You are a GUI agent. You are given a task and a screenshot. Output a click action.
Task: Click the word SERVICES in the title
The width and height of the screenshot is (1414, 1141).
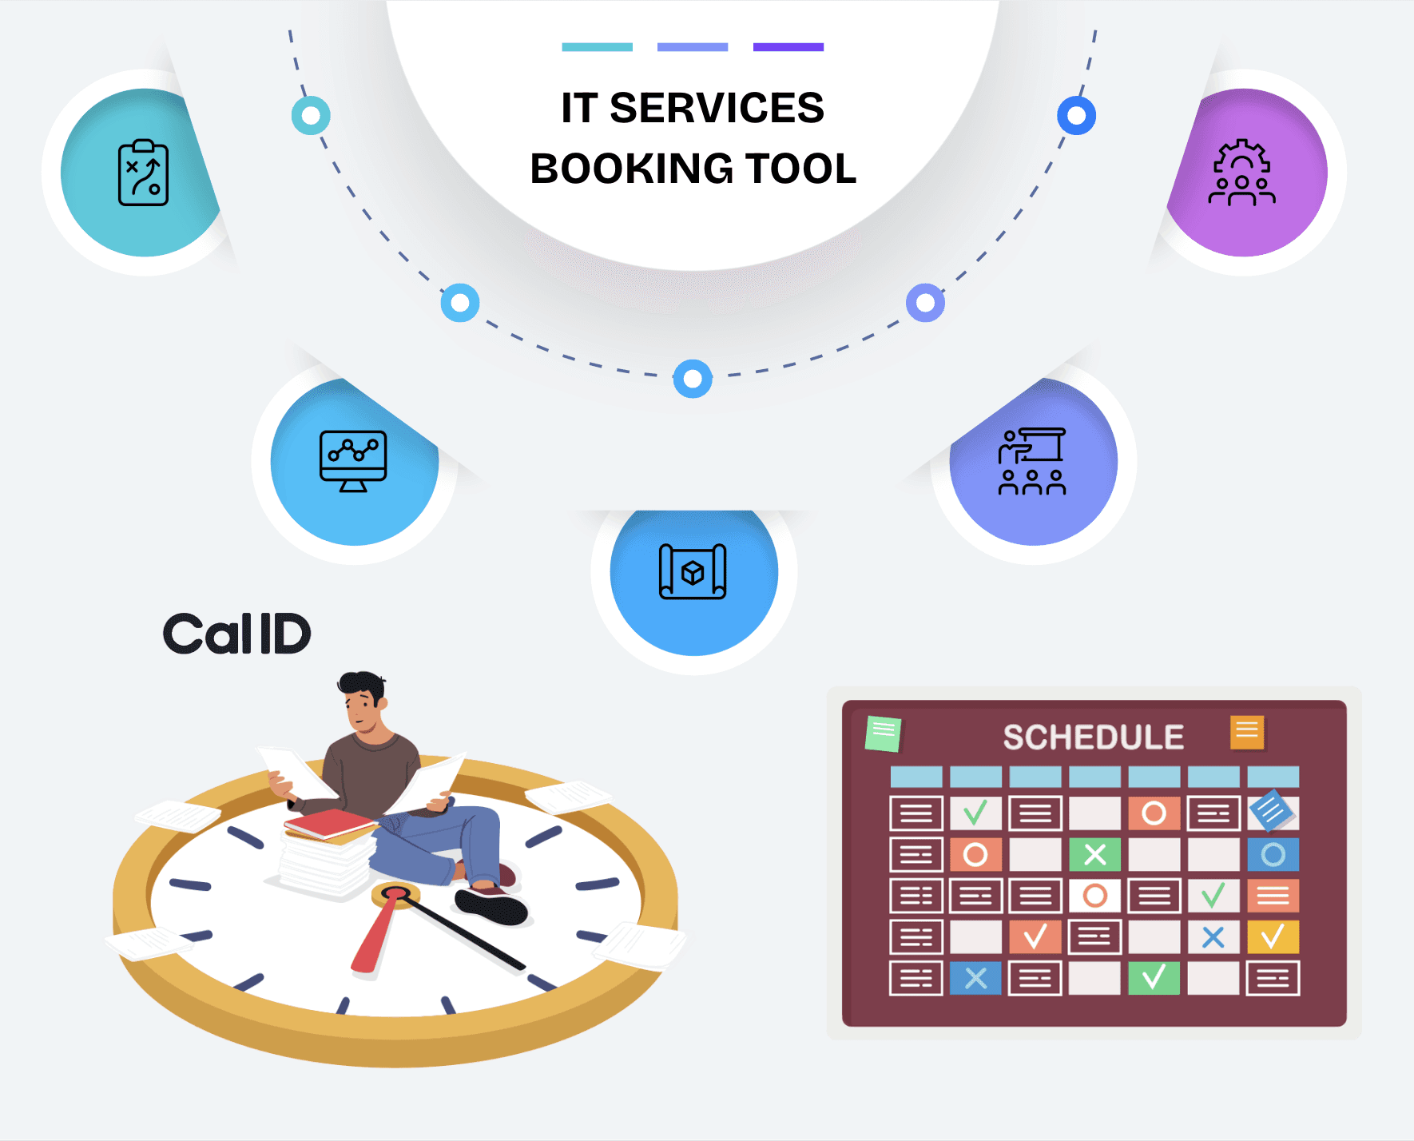click(x=717, y=108)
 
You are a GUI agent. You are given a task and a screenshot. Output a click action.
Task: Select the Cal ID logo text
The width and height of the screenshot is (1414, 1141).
click(x=236, y=634)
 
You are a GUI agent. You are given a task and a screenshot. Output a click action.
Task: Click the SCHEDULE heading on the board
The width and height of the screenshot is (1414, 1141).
click(x=1093, y=737)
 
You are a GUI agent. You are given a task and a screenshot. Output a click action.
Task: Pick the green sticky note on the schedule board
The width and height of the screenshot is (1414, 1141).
click(x=883, y=733)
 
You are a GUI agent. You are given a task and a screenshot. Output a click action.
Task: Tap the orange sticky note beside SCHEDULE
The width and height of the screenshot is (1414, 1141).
click(x=1247, y=732)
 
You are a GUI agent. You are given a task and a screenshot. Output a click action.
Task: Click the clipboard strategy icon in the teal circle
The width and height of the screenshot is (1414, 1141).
click(x=143, y=173)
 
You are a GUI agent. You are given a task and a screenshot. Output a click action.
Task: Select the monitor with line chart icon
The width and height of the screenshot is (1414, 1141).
click(x=353, y=461)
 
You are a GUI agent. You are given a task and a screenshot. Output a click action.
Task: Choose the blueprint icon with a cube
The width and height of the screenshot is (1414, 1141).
click(x=693, y=571)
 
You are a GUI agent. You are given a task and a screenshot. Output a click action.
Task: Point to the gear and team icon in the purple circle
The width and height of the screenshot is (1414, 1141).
click(x=1241, y=173)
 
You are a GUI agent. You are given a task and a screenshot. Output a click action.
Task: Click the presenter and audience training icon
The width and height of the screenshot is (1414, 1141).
click(x=1032, y=461)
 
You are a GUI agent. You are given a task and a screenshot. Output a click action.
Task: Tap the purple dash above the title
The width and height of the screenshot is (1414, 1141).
click(x=788, y=47)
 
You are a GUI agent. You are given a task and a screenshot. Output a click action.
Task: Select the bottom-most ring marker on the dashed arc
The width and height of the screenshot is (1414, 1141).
click(x=693, y=379)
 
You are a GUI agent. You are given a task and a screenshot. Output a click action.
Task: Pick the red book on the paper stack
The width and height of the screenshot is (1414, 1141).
click(x=328, y=823)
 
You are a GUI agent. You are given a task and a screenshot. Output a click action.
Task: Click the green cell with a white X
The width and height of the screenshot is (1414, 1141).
click(x=1094, y=855)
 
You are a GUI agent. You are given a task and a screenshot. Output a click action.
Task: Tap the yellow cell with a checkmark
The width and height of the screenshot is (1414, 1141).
click(x=1273, y=936)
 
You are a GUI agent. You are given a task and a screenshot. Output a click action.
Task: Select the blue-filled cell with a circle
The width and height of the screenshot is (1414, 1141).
click(x=1273, y=855)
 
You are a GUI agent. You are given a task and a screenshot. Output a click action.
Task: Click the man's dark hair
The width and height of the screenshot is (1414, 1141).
click(x=361, y=685)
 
